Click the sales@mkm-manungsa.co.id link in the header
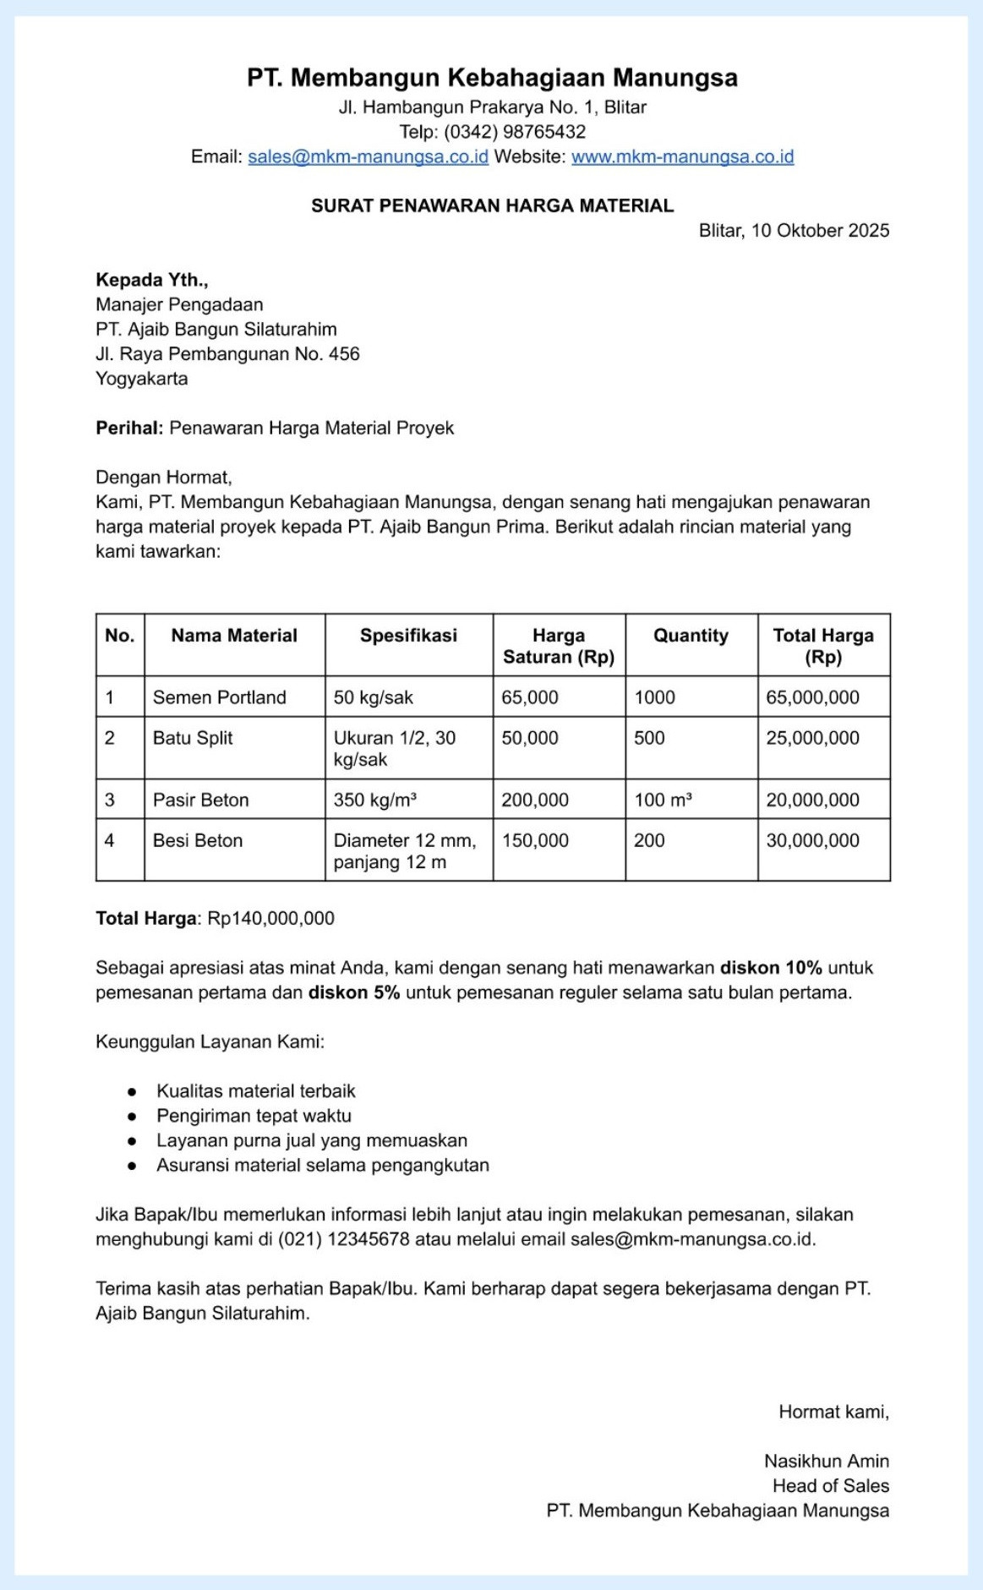(x=368, y=156)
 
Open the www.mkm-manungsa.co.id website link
(x=682, y=156)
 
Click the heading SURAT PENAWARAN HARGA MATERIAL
(x=492, y=205)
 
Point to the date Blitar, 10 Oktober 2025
(x=794, y=231)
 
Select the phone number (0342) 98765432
(x=515, y=132)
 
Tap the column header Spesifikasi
(x=408, y=636)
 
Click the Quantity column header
(x=691, y=636)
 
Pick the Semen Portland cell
(x=220, y=697)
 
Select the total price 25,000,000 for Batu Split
(x=812, y=738)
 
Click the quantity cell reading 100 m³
(x=664, y=800)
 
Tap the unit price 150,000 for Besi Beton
(x=535, y=840)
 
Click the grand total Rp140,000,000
(x=270, y=918)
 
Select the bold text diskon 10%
(x=771, y=968)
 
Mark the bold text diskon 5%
(x=353, y=992)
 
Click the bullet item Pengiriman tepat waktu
(x=254, y=1116)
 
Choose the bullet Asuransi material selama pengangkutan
(x=322, y=1165)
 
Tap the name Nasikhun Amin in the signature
(x=826, y=1461)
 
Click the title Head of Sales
(x=830, y=1485)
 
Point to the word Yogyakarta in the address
(x=142, y=379)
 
